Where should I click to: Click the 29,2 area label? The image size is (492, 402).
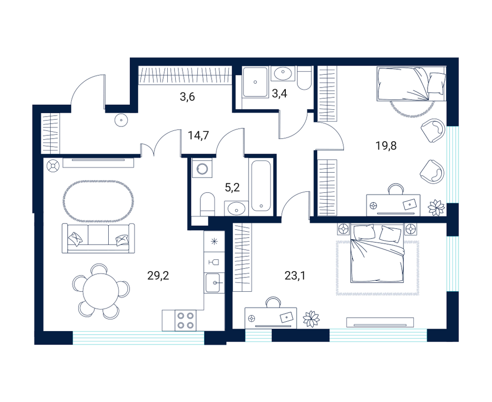pyautogui.click(x=158, y=276)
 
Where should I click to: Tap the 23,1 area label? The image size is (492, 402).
pyautogui.click(x=295, y=276)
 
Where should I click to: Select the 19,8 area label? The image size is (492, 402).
pyautogui.click(x=386, y=146)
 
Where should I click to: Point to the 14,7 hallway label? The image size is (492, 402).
pyautogui.click(x=198, y=136)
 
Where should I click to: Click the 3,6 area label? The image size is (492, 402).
pyautogui.click(x=187, y=96)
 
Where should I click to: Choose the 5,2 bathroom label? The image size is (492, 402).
pyautogui.click(x=233, y=187)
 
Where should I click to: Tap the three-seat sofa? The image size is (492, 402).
pyautogui.click(x=98, y=238)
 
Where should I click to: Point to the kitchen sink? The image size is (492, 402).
pyautogui.click(x=215, y=283)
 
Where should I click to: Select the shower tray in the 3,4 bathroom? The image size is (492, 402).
pyautogui.click(x=255, y=82)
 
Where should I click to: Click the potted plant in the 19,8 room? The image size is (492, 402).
pyautogui.click(x=436, y=208)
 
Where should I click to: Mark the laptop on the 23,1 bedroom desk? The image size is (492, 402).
pyautogui.click(x=288, y=317)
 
